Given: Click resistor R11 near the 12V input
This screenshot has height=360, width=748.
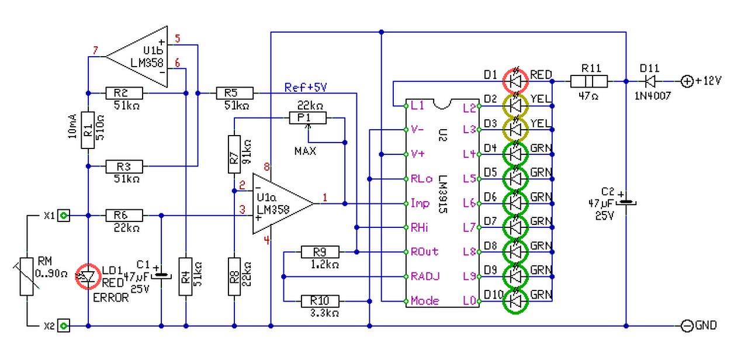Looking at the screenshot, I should coord(589,81).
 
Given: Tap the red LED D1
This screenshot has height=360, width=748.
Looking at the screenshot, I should coord(515,81).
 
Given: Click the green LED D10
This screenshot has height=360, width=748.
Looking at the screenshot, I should coord(515,300).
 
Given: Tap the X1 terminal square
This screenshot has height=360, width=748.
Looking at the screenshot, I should coord(64,216).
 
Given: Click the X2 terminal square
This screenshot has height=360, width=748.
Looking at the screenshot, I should coord(64,325).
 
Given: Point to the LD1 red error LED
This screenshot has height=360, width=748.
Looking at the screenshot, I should coord(88,277).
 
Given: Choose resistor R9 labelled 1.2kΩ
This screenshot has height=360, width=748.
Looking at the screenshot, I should coord(319,252).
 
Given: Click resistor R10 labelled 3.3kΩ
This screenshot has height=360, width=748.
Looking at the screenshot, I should coord(319,301).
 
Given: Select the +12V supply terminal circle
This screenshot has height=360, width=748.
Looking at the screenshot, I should coord(687,81).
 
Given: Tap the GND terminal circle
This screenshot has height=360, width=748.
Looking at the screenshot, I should coord(687,326).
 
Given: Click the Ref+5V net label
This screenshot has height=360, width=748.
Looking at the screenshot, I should coord(305,88).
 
